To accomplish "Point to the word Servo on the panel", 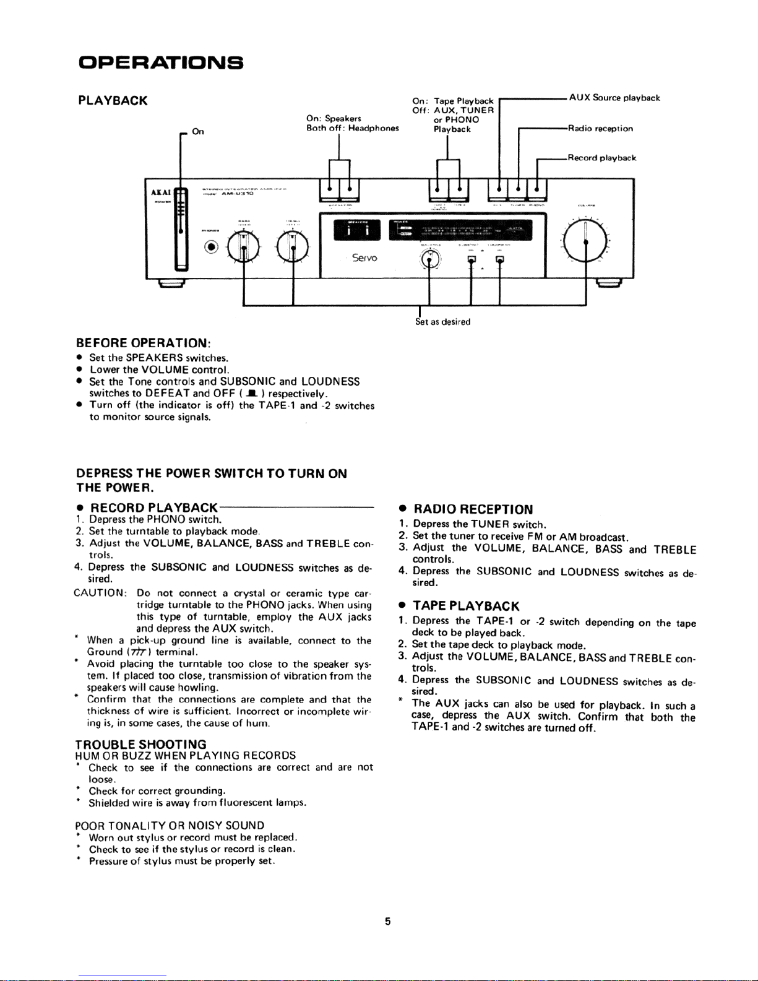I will tap(364, 257).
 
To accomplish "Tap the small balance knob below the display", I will tap(430, 260).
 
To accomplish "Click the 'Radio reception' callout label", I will tap(600, 129).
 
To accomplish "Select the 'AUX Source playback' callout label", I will tap(614, 98).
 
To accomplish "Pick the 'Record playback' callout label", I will tap(602, 158).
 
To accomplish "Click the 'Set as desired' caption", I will tap(442, 322).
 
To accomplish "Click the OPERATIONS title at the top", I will tap(161, 63).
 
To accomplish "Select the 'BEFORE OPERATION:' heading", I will tap(143, 343).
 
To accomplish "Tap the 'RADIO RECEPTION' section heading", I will tap(473, 509).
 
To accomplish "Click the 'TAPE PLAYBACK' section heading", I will tap(466, 606).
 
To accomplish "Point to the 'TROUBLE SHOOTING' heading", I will tap(140, 744).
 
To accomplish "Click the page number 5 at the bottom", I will tap(387, 922).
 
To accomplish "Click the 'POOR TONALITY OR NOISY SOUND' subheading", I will tap(170, 826).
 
